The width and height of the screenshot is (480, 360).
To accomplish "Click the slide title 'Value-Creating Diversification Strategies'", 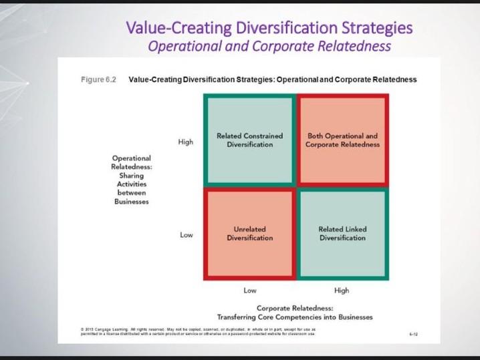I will (x=269, y=28).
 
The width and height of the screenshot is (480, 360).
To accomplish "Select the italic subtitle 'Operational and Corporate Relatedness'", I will (x=269, y=46).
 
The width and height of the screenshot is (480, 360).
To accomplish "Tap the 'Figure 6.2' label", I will (x=98, y=79).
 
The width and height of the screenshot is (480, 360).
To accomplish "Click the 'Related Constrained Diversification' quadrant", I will (x=249, y=140).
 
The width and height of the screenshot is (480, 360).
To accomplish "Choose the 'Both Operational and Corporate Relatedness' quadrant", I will (x=342, y=140).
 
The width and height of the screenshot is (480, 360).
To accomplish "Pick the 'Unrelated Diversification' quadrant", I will (x=249, y=233).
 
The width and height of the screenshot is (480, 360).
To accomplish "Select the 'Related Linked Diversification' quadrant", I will (x=342, y=233).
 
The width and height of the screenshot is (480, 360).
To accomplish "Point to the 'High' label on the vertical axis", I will (x=185, y=142).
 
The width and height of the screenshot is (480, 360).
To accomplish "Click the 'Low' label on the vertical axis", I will (x=187, y=235).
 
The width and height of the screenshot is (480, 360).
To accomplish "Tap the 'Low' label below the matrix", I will (x=249, y=291).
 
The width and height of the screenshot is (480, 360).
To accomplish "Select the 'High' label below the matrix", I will (x=341, y=291).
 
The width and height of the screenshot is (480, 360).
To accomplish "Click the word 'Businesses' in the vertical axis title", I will (x=131, y=201).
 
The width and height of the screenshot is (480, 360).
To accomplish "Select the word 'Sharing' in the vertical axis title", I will (x=131, y=175).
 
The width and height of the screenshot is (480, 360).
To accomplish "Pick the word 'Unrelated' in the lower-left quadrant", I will (x=249, y=229).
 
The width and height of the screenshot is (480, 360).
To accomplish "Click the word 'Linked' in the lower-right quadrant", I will (x=355, y=229).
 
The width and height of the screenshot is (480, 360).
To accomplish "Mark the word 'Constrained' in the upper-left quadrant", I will (x=263, y=136).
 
